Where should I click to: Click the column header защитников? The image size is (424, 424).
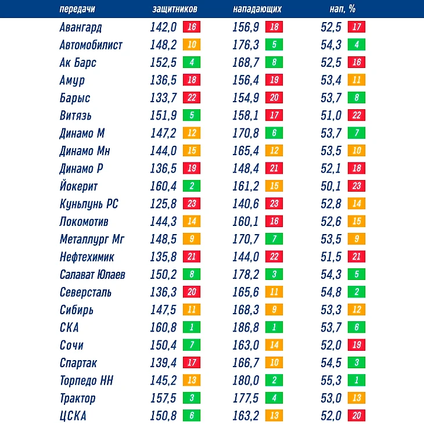click(x=174, y=9)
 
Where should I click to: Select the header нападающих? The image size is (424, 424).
click(x=257, y=9)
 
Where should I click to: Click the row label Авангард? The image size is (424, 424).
click(x=81, y=27)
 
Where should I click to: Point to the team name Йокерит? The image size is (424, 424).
click(x=78, y=186)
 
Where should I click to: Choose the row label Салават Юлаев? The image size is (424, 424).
click(x=92, y=275)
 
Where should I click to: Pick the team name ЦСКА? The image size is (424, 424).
click(x=73, y=416)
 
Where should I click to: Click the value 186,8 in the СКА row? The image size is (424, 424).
click(x=246, y=328)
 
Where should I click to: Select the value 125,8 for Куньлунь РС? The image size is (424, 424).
click(x=163, y=204)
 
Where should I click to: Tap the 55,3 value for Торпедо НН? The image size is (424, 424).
click(x=331, y=380)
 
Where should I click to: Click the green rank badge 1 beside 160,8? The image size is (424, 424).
click(x=192, y=328)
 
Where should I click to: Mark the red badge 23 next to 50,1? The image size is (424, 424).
click(x=357, y=186)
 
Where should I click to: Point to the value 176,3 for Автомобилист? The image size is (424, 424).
click(x=246, y=45)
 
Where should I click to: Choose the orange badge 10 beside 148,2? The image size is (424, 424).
click(x=192, y=45)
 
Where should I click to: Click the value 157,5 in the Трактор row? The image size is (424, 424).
click(x=163, y=398)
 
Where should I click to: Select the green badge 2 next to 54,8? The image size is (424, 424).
click(x=357, y=292)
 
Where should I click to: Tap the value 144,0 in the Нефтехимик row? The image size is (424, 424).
click(x=246, y=257)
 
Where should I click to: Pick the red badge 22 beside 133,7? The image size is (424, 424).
click(x=192, y=98)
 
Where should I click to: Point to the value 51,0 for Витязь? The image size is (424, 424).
click(x=331, y=116)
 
